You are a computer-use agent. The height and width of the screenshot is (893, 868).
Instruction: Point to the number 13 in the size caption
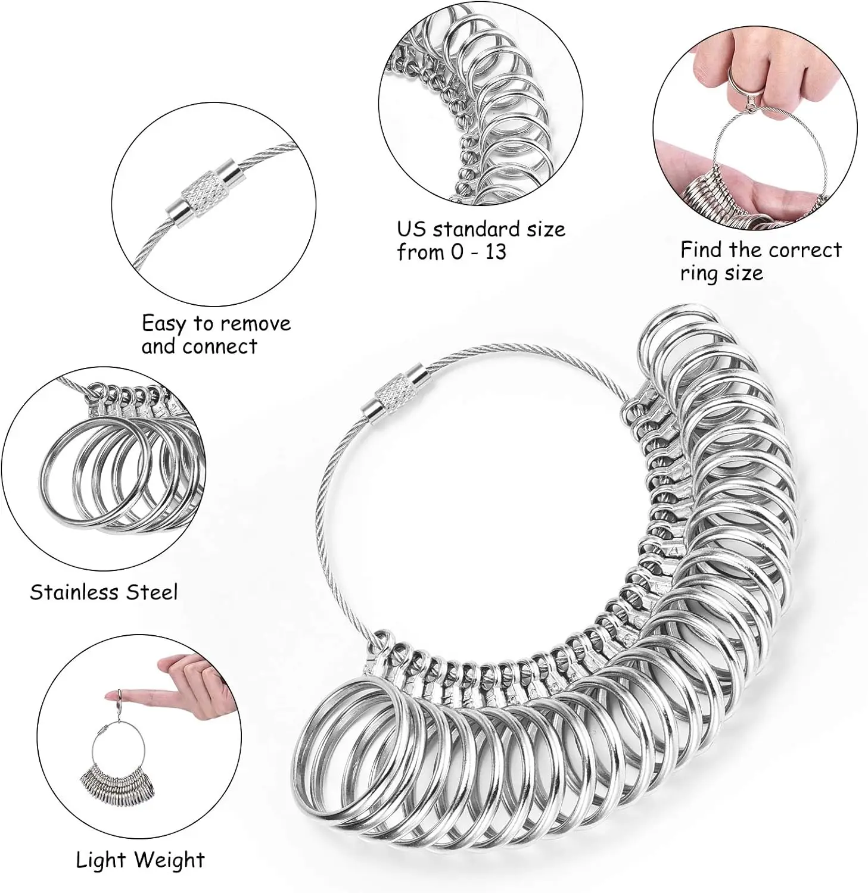pyautogui.click(x=495, y=252)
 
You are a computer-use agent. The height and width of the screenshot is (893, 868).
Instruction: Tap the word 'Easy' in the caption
pyautogui.click(x=163, y=324)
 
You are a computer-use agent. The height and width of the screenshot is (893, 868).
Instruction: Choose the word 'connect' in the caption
pyautogui.click(x=220, y=346)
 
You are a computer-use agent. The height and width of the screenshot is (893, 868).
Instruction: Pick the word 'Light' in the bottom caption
pyautogui.click(x=101, y=860)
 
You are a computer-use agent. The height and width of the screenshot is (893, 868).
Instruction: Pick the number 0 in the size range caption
pyautogui.click(x=456, y=252)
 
